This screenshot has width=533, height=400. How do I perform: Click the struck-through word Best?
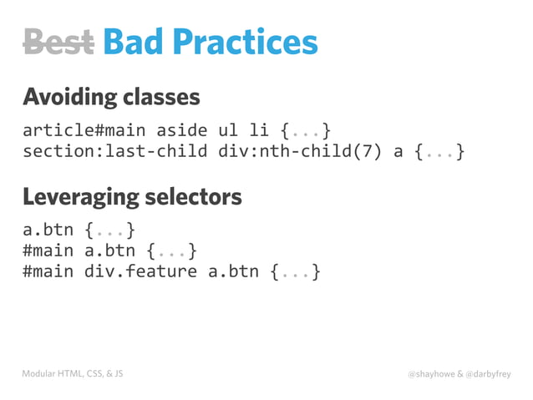tap(58, 42)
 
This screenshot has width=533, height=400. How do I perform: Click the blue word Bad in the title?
tap(135, 42)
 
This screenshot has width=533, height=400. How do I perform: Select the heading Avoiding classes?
tap(111, 98)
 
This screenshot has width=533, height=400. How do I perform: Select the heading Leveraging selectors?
tap(132, 197)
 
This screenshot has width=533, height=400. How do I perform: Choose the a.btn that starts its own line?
tap(48, 228)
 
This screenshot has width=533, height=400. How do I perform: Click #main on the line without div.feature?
tap(48, 250)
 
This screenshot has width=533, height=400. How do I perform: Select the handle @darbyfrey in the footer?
tap(490, 374)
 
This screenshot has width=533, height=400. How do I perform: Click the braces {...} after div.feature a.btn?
tap(294, 271)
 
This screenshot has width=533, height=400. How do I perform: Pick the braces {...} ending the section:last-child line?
tap(439, 153)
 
